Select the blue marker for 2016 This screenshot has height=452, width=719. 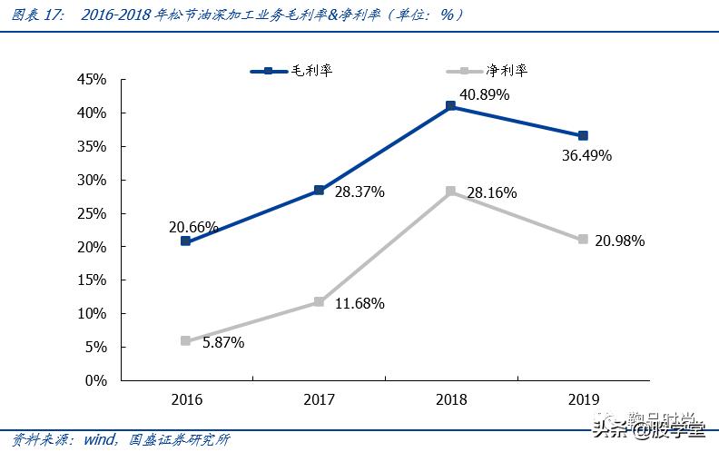[x=185, y=241]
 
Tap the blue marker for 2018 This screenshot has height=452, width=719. [x=450, y=106]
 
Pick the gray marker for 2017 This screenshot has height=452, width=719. [x=318, y=301]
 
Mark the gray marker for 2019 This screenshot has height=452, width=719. [x=583, y=240]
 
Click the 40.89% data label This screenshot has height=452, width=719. [x=484, y=94]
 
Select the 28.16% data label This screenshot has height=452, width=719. [x=491, y=192]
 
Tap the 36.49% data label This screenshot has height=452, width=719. [x=586, y=155]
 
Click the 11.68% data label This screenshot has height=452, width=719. [x=359, y=303]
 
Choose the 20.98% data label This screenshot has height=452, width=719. [x=619, y=241]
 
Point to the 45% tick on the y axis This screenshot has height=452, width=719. [x=92, y=80]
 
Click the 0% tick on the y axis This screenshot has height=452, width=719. [x=96, y=380]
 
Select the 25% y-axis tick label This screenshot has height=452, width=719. [x=92, y=213]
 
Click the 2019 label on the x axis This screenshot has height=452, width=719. [x=583, y=399]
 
